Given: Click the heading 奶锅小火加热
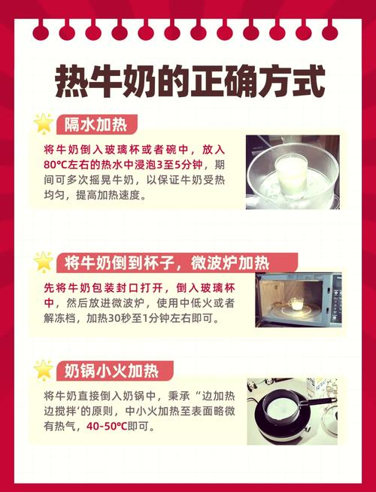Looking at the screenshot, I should click(111, 370).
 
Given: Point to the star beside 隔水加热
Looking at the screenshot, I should click(44, 123).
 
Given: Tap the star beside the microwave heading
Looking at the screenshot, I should click(44, 262).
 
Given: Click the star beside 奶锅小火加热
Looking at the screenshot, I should click(44, 370).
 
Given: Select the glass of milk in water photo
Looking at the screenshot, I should click(293, 172).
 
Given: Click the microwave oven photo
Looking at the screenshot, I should click(298, 299).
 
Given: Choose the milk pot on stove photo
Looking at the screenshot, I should click(293, 412).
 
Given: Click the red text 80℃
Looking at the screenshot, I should click(59, 164).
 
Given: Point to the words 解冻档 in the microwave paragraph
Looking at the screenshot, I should click(61, 318).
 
